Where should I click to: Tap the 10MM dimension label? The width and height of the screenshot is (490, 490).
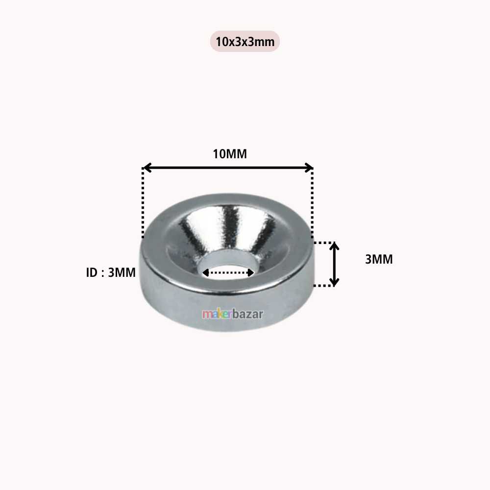tap(229, 154)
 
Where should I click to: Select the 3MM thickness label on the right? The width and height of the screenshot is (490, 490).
tap(379, 259)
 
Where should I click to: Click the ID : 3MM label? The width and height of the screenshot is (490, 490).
tap(111, 273)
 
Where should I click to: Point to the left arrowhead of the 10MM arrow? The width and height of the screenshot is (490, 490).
tap(146, 168)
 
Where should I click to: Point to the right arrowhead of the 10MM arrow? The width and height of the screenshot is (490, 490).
tap(309, 168)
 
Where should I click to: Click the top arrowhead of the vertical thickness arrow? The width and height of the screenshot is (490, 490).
tap(334, 246)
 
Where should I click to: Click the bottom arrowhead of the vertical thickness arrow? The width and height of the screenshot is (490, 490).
tap(334, 282)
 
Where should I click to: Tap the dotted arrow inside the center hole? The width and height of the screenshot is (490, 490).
tap(229, 272)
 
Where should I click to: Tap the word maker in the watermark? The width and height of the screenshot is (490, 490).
tap(217, 314)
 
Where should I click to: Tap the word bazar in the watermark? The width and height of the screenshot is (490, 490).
tap(247, 314)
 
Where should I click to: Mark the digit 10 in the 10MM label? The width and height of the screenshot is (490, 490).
tap(219, 154)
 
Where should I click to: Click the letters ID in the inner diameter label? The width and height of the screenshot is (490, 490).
tap(92, 273)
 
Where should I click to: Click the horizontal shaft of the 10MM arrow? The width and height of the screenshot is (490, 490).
tap(228, 168)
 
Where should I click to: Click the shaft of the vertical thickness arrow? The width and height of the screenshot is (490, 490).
tap(334, 264)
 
